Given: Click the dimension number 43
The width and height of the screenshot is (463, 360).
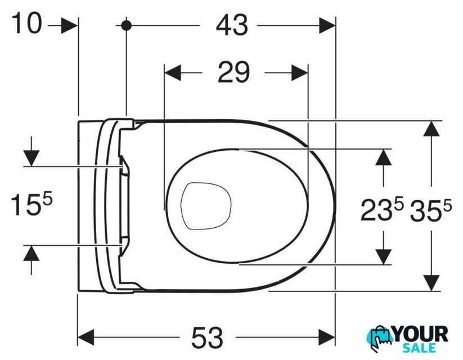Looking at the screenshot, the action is (x=232, y=26).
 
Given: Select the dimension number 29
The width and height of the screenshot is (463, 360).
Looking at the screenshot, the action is (x=233, y=72).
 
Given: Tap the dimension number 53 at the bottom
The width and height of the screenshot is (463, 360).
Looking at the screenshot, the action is (x=207, y=337).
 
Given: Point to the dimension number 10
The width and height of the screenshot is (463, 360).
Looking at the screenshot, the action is (x=26, y=23).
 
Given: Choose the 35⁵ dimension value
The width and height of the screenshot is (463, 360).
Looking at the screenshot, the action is (x=431, y=210).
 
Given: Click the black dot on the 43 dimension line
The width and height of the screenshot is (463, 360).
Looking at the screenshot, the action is (x=127, y=26).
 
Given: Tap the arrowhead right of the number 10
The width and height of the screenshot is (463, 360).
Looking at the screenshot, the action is (x=69, y=26).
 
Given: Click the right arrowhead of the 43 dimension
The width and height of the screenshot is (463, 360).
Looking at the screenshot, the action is (x=327, y=26).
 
